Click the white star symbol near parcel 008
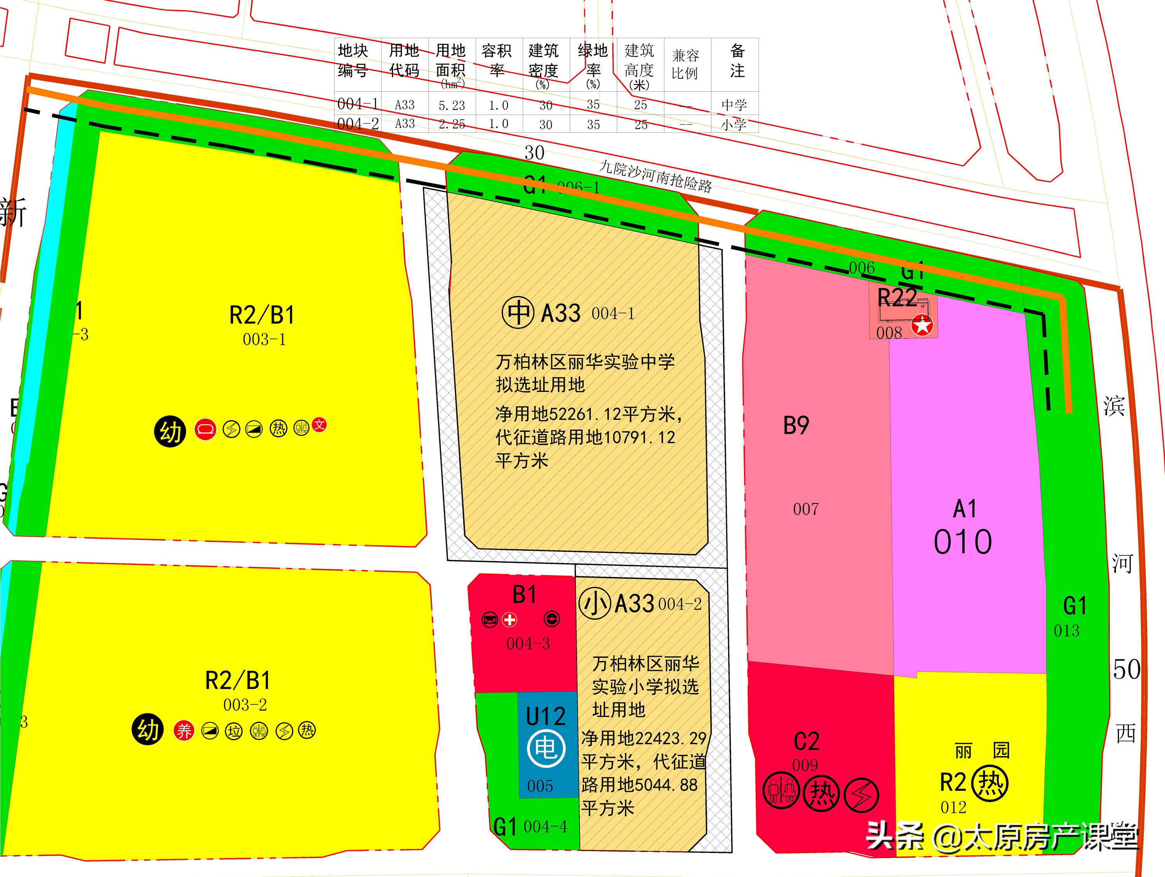pyautogui.click(x=922, y=325)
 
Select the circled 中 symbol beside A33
pyautogui.click(x=518, y=313)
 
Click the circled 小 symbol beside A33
pyautogui.click(x=595, y=604)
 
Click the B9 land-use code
pyautogui.click(x=796, y=426)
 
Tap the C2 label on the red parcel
pyautogui.click(x=806, y=741)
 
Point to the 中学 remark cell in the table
pyautogui.click(x=734, y=105)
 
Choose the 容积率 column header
pyautogui.click(x=497, y=61)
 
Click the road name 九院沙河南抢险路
pyautogui.click(x=656, y=176)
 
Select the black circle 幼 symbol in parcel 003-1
pyautogui.click(x=170, y=432)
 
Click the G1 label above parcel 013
pyautogui.click(x=1075, y=606)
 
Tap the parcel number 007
pyautogui.click(x=806, y=509)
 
